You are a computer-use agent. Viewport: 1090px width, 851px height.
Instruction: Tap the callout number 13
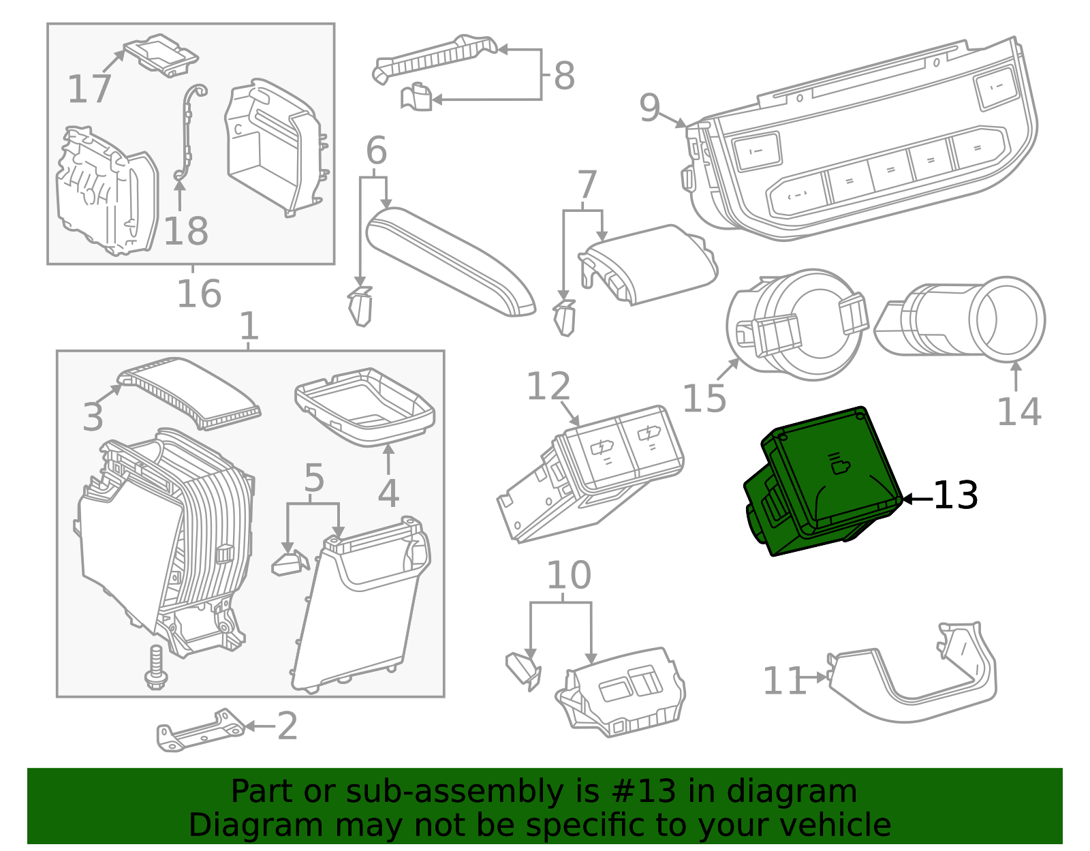coord(955,496)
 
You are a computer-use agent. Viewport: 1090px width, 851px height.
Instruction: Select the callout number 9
coord(649,108)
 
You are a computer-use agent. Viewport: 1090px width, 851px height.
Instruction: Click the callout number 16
coord(199,294)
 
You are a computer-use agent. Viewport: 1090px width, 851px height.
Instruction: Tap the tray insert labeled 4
coord(367,407)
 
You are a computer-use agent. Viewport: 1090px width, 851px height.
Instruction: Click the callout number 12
coord(548,387)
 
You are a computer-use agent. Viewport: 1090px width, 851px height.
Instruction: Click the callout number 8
coord(563,76)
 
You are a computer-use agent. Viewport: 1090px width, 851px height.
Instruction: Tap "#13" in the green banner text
coord(644,792)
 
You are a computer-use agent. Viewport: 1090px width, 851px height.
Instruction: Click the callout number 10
coord(569,576)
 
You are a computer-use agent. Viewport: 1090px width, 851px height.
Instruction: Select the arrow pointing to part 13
coord(916,499)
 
